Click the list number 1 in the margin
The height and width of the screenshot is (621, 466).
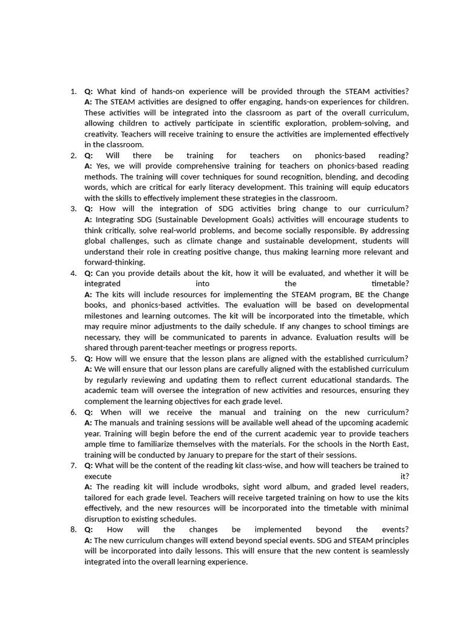[x=73, y=91]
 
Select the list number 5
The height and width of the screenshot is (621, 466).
[x=73, y=358]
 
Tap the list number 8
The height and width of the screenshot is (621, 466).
[x=73, y=529]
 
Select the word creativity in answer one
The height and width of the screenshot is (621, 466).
[x=101, y=134]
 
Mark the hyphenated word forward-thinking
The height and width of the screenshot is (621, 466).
[x=115, y=262]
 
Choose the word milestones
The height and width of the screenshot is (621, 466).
[x=104, y=315]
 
